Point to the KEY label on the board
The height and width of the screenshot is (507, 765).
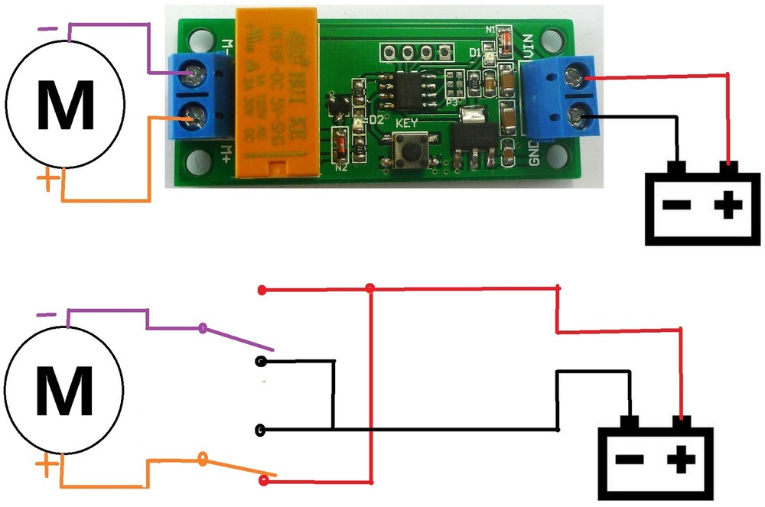(406, 122)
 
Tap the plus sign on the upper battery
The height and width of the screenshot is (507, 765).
(728, 204)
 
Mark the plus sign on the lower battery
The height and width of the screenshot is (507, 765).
(679, 460)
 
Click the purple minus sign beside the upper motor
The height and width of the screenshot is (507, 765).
(46, 28)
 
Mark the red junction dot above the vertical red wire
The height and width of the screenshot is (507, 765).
(370, 289)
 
